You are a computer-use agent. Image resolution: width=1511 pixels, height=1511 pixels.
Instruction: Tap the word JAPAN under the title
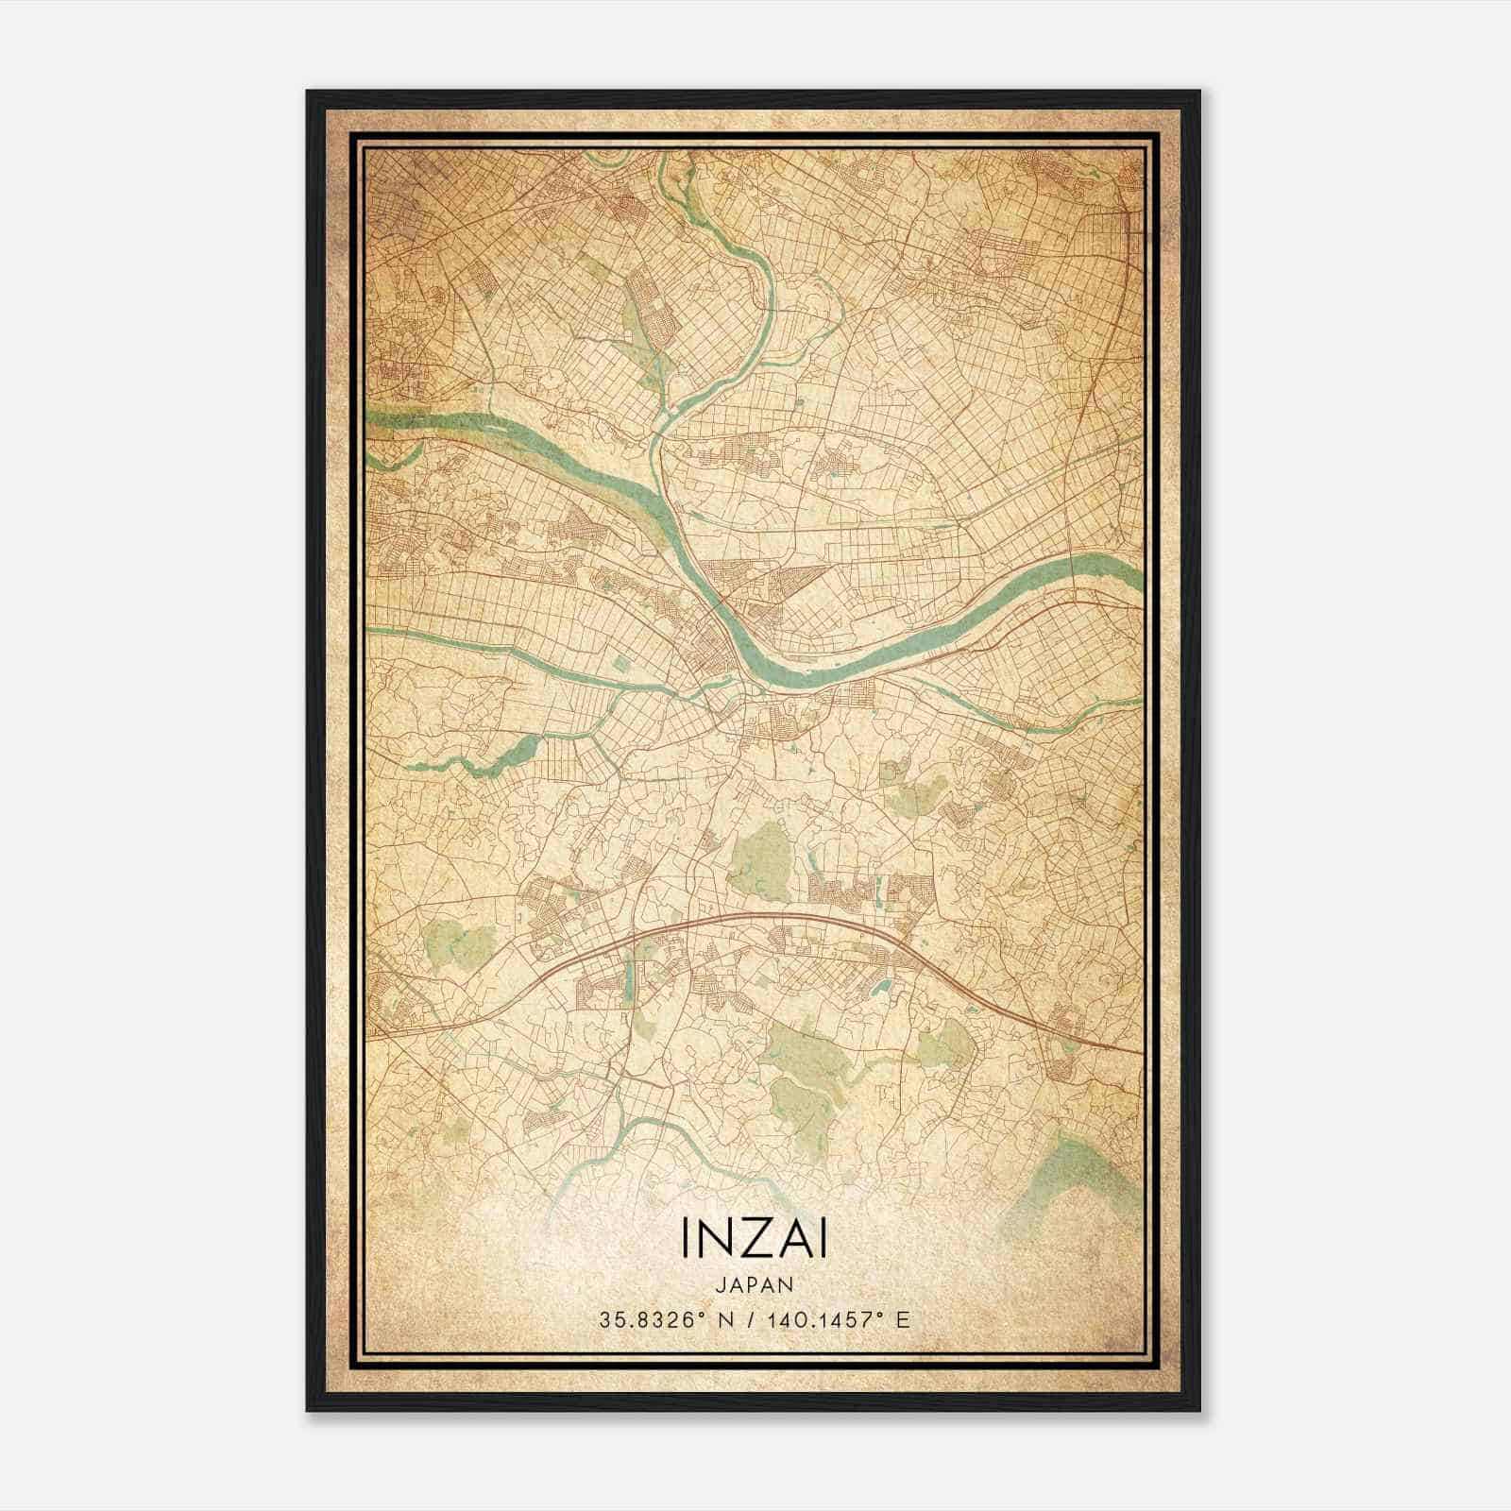pos(754,1284)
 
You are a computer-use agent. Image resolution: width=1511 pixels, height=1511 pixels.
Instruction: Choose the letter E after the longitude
pos(904,1319)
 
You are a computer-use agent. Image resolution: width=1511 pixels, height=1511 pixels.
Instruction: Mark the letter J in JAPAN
pos(720,1284)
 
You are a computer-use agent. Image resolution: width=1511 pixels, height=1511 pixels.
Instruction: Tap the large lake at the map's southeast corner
pos(1086,1171)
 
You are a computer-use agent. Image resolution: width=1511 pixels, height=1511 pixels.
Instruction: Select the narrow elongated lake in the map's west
pos(491,755)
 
